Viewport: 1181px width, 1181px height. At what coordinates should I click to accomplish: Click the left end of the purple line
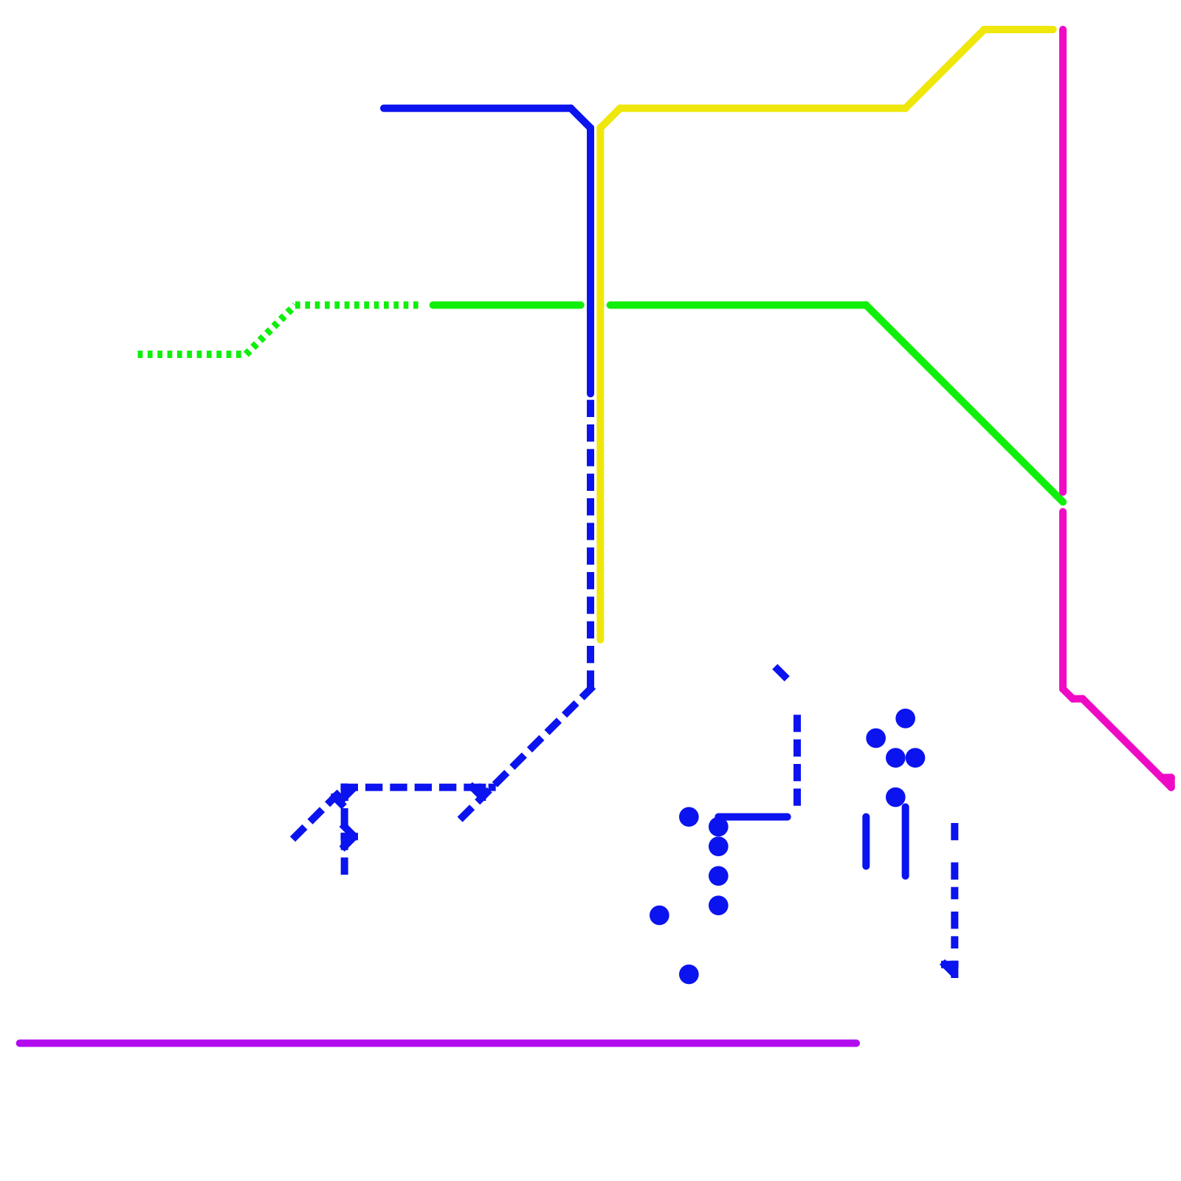[x=20, y=1043]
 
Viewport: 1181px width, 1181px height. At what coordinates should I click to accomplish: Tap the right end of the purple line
[x=856, y=1043]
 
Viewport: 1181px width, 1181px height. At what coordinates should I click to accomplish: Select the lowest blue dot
[x=689, y=974]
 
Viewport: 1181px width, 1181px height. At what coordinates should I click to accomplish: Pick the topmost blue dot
[x=906, y=718]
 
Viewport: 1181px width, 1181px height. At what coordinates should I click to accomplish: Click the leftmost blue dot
[x=659, y=915]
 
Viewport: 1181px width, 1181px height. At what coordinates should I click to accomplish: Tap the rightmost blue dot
[x=915, y=757]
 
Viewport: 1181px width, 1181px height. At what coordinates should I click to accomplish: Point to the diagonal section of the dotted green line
[x=271, y=330]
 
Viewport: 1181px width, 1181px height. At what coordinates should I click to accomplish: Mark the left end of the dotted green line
[x=140, y=354]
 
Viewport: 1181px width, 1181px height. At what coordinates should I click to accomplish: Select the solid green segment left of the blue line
[x=508, y=305]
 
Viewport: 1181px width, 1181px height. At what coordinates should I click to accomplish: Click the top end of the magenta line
[x=1063, y=30]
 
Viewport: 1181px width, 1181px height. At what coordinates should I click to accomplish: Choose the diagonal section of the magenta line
[x=1126, y=742]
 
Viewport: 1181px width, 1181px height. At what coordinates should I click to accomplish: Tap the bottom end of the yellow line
[x=601, y=639]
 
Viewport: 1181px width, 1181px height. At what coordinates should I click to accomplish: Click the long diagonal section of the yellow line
[x=945, y=69]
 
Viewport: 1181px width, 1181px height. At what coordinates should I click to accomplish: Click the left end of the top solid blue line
[x=383, y=109]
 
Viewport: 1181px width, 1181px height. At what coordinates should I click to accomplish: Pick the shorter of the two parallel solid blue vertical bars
[x=866, y=841]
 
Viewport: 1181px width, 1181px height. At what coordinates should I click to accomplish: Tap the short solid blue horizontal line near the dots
[x=754, y=817]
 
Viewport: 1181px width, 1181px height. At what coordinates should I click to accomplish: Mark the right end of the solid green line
[x=1062, y=502]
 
